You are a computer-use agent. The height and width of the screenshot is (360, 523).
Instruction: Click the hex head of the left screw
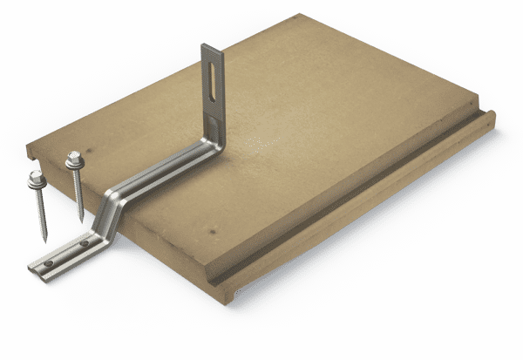click(36, 176)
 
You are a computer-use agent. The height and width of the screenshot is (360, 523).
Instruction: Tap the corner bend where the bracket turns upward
click(210, 139)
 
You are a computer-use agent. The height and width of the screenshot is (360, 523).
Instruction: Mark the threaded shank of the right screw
click(78, 192)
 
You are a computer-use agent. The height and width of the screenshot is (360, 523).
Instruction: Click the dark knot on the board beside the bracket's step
click(209, 228)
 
